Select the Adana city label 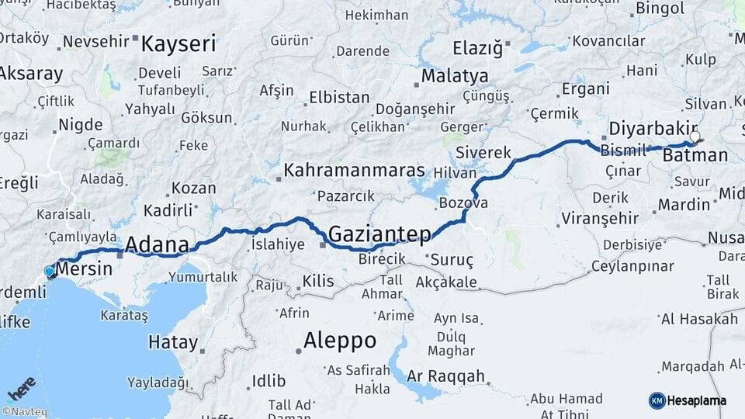(x=157, y=245)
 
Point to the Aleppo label (x=339, y=340)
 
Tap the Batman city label (x=695, y=155)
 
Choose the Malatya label (x=455, y=76)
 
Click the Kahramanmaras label (x=354, y=170)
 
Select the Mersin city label (x=85, y=269)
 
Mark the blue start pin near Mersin (x=50, y=272)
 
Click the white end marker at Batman (x=695, y=137)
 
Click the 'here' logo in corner (x=21, y=387)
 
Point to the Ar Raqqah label (x=448, y=376)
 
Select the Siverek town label (x=483, y=152)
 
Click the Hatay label (x=172, y=342)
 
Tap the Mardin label (x=684, y=205)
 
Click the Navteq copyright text (x=23, y=412)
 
